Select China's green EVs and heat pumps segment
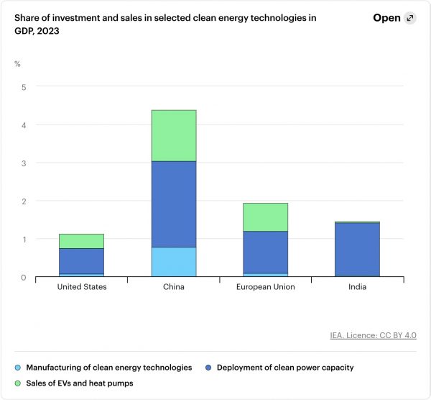tap(174, 135)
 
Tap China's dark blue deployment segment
tap(174, 204)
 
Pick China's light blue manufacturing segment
tap(174, 261)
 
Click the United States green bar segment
tap(81, 241)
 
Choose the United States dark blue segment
tap(81, 261)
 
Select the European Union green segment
tap(265, 217)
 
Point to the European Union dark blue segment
tap(265, 252)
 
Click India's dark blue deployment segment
tap(358, 249)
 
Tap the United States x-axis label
tap(81, 286)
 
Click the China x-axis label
tap(174, 286)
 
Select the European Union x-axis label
tap(265, 286)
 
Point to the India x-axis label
tap(358, 286)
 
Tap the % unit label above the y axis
tap(18, 64)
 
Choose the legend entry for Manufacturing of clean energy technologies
tap(108, 367)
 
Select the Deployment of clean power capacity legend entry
tap(284, 367)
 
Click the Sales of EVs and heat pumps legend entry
tap(78, 383)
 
